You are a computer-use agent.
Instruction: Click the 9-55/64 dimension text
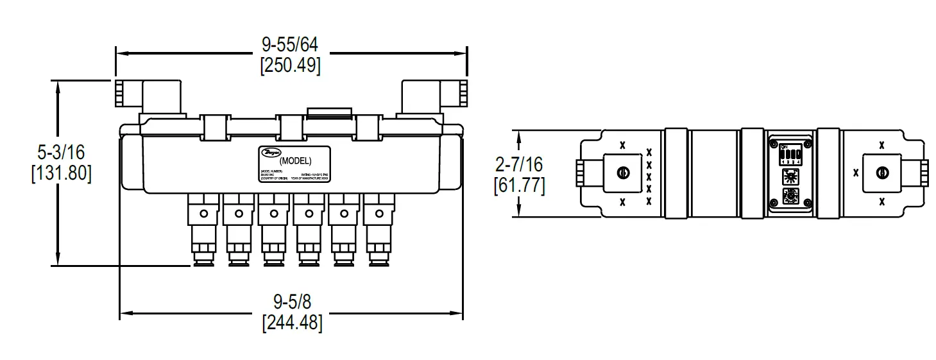pos(290,44)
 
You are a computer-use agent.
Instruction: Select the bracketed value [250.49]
pos(290,65)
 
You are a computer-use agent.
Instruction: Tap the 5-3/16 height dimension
pos(61,152)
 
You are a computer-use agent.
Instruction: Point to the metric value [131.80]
pos(61,173)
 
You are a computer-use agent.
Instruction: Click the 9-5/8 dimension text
pos(292,300)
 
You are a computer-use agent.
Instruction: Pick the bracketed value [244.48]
pos(292,321)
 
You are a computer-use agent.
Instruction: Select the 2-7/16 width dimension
pos(520,164)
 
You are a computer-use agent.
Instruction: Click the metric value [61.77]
pos(520,185)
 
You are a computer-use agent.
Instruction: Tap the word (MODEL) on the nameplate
pos(296,160)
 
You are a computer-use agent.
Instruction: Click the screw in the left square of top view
pos(622,172)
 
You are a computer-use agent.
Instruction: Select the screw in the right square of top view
pos(882,172)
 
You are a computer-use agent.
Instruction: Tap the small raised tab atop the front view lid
pos(329,113)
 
